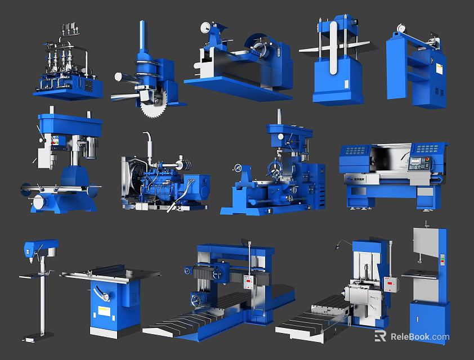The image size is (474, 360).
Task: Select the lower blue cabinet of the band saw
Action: tap(429, 319)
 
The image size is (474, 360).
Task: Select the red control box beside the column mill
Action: tap(391, 283)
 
